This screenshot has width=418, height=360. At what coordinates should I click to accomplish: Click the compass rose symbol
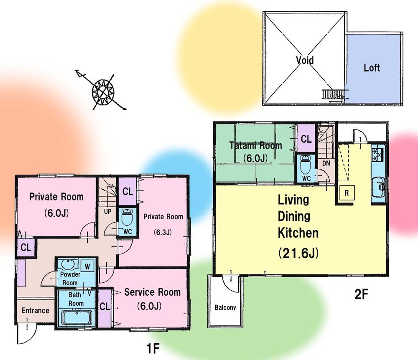[103, 92]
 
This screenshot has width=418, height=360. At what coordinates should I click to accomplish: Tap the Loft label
[372, 68]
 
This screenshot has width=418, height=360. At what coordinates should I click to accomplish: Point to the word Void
[305, 60]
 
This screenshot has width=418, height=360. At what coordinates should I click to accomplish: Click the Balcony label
[225, 307]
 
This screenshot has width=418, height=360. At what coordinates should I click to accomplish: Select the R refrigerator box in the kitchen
[347, 193]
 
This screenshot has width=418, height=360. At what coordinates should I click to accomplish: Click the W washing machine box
[87, 266]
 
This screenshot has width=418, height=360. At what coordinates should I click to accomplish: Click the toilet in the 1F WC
[127, 218]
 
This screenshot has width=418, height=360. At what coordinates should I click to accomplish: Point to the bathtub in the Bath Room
[76, 317]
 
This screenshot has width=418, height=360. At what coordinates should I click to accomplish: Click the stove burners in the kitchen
[378, 155]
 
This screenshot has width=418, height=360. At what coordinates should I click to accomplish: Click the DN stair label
[326, 163]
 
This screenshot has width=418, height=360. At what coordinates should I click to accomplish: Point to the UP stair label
[107, 212]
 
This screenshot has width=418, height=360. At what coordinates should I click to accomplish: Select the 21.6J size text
[298, 253]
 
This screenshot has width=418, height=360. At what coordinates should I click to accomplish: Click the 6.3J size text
[163, 233]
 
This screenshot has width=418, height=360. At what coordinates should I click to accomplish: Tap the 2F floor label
[361, 294]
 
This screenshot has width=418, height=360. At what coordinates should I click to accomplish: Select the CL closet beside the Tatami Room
[306, 139]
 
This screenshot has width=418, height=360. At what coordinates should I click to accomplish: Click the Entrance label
[36, 310]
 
